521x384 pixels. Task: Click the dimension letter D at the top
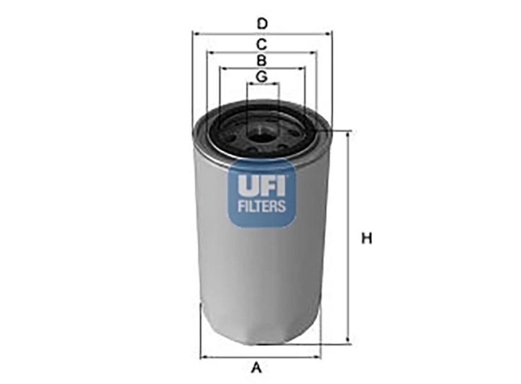[262, 24]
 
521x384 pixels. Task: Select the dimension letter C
[262, 44]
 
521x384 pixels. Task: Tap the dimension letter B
[262, 61]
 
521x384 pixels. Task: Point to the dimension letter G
[262, 77]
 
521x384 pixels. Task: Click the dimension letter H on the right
[366, 239]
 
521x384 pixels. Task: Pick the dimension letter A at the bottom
[256, 368]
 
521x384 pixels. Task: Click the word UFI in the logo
[261, 185]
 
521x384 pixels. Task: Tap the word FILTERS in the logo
[262, 206]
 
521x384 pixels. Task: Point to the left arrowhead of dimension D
[196, 33]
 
